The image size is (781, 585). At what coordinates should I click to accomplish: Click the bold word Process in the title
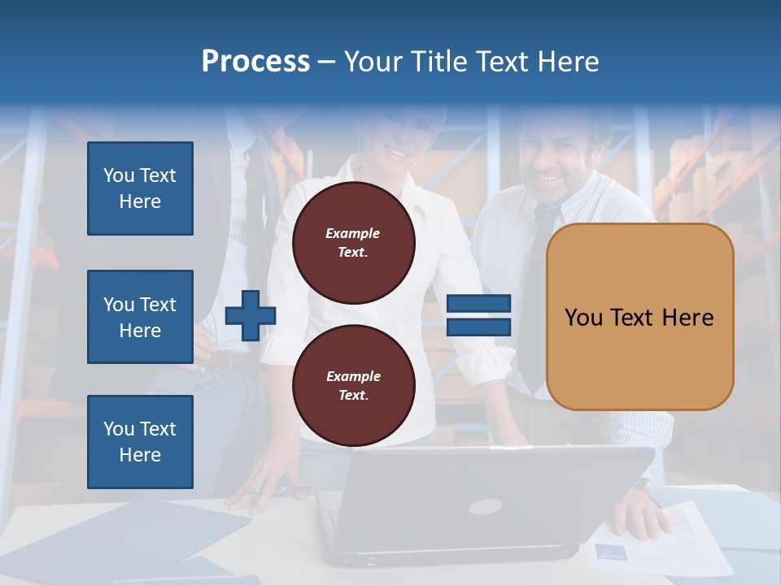pyautogui.click(x=255, y=62)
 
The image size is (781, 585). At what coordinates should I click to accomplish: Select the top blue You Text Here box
pyautogui.click(x=140, y=188)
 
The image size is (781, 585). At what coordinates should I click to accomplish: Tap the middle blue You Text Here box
pyautogui.click(x=140, y=317)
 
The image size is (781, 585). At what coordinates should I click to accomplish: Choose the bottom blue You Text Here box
pyautogui.click(x=140, y=441)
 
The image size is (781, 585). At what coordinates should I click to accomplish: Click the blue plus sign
pyautogui.click(x=250, y=315)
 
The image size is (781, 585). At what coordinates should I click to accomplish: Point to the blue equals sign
pyautogui.click(x=478, y=315)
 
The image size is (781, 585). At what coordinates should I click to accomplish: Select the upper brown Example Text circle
pyautogui.click(x=353, y=243)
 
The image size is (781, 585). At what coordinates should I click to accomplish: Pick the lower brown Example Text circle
pyautogui.click(x=353, y=385)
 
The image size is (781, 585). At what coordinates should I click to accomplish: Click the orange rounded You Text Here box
pyautogui.click(x=639, y=317)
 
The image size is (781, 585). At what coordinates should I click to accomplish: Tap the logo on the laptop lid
pyautogui.click(x=486, y=506)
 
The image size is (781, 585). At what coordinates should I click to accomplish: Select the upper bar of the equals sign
pyautogui.click(x=478, y=304)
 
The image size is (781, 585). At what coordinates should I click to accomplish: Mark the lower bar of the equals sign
pyautogui.click(x=478, y=327)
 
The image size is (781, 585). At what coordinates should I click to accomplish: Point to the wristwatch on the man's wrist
pyautogui.click(x=642, y=484)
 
